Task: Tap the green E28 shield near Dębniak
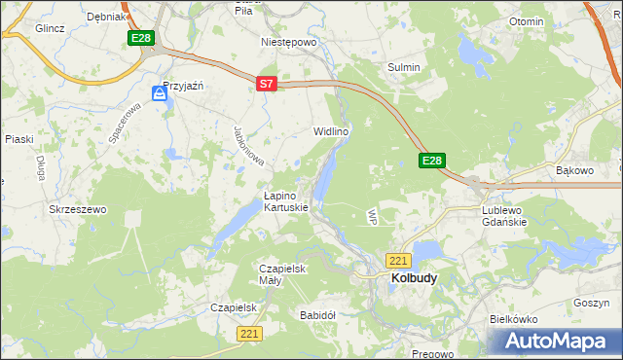tap(140, 38)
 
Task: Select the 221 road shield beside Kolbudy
tap(398, 261)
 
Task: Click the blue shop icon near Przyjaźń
tap(160, 93)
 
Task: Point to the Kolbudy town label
tap(414, 277)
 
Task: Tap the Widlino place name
tap(330, 130)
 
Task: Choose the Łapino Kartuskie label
tap(286, 201)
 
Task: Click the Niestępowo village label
tap(289, 43)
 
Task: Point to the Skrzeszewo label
tap(77, 209)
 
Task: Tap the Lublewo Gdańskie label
tap(504, 215)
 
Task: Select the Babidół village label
tap(317, 315)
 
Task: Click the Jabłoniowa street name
tap(250, 146)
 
